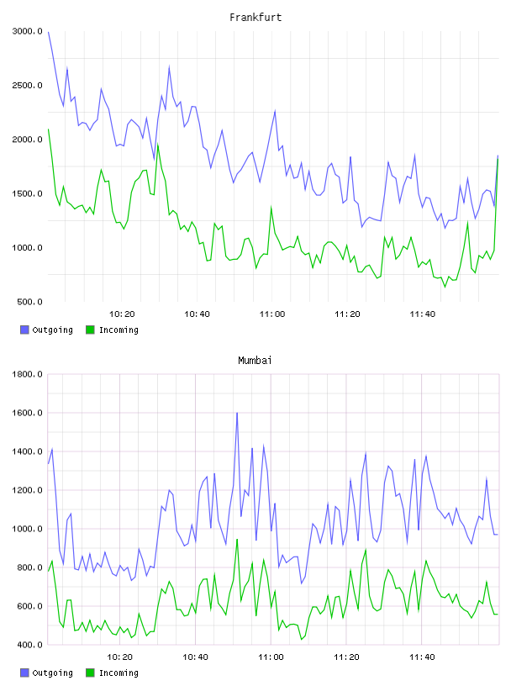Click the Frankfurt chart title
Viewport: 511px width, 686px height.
point(255,18)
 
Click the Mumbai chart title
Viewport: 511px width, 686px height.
point(255,361)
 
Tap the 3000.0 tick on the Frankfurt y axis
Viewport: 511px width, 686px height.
point(28,31)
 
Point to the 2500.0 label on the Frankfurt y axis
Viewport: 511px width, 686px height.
point(28,85)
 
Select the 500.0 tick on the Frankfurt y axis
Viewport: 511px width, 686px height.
point(29,302)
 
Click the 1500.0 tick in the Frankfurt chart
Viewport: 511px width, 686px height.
point(28,194)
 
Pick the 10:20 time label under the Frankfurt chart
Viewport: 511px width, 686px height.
point(122,314)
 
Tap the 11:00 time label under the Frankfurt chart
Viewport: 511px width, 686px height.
point(272,314)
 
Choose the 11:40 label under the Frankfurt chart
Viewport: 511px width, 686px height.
point(423,314)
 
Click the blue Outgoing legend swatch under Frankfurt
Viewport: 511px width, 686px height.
point(24,330)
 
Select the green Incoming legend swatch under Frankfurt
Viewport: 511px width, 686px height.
point(90,330)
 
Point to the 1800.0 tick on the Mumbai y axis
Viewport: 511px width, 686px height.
point(28,374)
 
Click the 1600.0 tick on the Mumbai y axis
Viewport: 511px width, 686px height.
point(28,413)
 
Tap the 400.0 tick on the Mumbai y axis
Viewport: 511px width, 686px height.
point(29,645)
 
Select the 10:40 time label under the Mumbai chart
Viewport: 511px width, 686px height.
point(195,657)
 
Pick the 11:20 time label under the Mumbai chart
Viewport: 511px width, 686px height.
point(346,657)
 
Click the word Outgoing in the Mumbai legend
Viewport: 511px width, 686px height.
point(52,673)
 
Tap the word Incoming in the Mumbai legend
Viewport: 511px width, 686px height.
point(119,673)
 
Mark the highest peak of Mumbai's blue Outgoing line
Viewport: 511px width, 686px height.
point(237,413)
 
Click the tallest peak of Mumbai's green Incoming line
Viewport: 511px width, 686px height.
point(237,540)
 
